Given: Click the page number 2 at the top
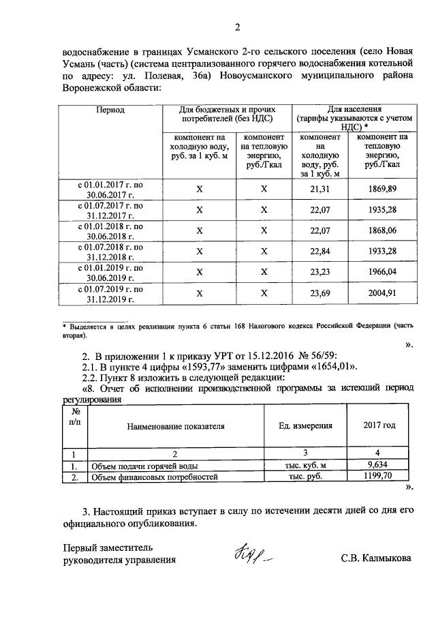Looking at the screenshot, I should click(237, 27).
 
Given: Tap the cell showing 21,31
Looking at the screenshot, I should click(320, 189).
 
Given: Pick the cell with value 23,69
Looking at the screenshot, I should click(320, 294).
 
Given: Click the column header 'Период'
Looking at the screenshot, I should click(110, 110).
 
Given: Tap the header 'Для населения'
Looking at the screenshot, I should click(354, 109).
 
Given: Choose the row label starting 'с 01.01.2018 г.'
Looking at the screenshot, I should click(110, 230).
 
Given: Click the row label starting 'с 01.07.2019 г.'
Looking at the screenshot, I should click(110, 294).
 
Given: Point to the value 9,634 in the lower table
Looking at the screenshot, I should click(378, 466).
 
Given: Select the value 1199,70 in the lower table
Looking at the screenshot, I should click(378, 477).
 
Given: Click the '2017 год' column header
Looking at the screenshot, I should click(378, 426).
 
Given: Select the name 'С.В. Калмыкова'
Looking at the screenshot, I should click(377, 559).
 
